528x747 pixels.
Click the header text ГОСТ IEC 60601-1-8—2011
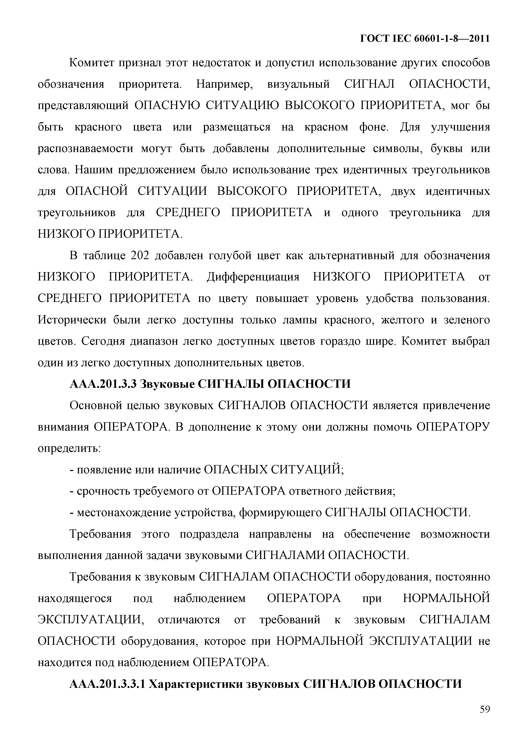point(425,39)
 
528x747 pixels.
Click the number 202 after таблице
point(140,256)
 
